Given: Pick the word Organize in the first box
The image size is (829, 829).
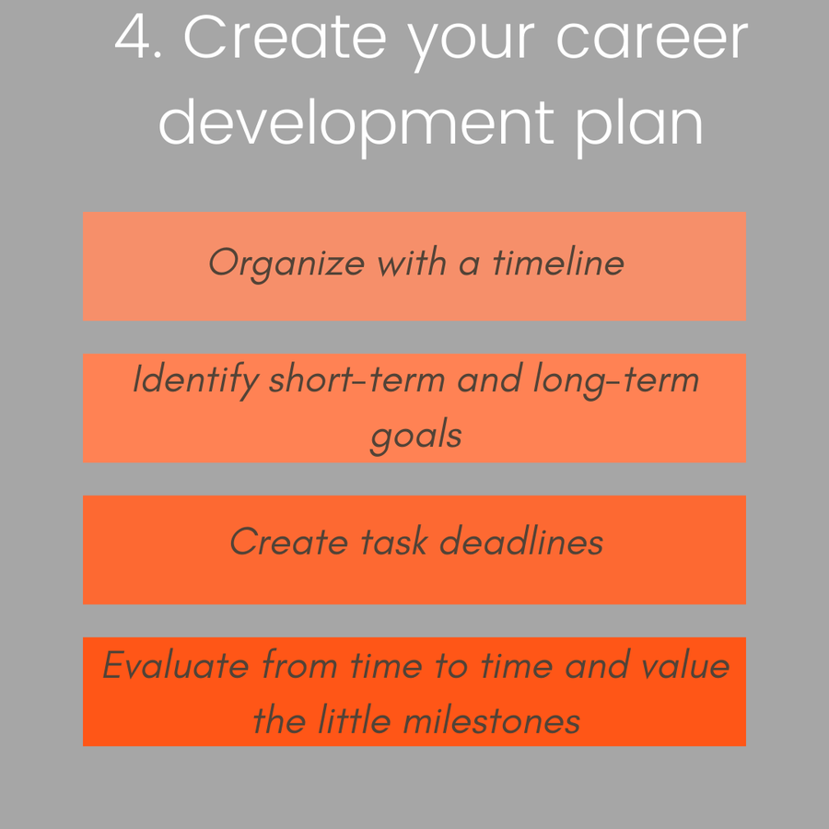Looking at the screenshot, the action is click(x=286, y=264).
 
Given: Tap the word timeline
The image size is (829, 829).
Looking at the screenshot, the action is click(x=558, y=262).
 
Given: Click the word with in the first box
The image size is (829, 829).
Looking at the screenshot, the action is click(x=412, y=262).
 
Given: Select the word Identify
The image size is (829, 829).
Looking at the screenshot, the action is click(x=195, y=380).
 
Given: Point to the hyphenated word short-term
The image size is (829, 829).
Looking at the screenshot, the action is click(x=356, y=379).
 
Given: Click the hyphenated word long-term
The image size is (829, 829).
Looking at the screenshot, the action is click(x=616, y=380).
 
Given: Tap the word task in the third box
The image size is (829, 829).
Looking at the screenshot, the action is click(x=394, y=542).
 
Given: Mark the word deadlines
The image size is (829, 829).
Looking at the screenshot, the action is click(x=521, y=542).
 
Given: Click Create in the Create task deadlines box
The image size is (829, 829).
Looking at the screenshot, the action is click(x=288, y=542).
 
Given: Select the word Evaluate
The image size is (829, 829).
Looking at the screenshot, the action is click(x=176, y=664).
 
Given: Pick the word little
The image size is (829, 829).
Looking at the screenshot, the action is click(x=355, y=720).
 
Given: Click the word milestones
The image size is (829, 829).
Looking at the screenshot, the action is click(x=492, y=720).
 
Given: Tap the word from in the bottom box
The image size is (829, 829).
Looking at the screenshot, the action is click(x=299, y=664).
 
